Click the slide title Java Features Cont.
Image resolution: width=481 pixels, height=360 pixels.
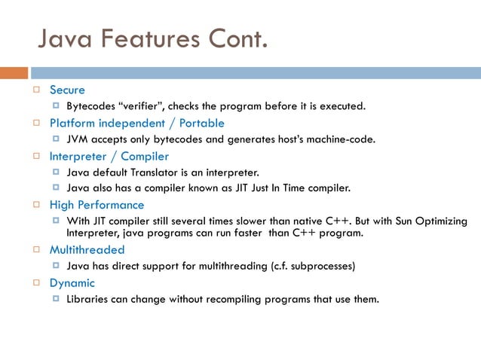tap(152, 36)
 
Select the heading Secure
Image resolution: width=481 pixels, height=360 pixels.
tap(67, 90)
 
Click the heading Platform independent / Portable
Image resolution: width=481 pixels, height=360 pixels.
tap(136, 123)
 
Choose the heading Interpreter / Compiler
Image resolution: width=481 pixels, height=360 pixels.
tap(109, 157)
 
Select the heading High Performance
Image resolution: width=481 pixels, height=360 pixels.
tap(97, 205)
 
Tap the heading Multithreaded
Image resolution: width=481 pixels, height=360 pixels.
tap(87, 249)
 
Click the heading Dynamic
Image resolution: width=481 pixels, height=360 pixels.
tap(72, 283)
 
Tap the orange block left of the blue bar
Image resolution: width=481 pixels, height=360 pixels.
tap(14, 73)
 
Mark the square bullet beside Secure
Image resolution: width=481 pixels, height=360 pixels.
tap(35, 90)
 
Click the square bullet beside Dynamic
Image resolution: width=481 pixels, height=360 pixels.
tap(35, 283)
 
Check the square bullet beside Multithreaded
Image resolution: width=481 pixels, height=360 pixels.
tap(35, 249)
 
